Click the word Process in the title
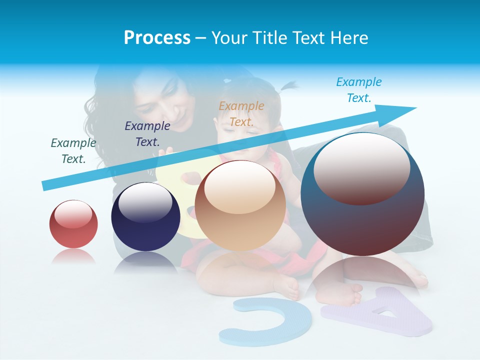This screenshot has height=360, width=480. pos(157,38)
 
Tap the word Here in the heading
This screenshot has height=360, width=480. pos(348,38)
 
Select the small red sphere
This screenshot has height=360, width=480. pos(73,224)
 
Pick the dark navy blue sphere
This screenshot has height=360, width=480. pos(145,217)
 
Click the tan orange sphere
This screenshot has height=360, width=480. pos(240,205)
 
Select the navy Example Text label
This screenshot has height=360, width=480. pos(147,134)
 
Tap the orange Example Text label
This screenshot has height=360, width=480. pos(241,114)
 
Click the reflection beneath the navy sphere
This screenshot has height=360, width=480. pos(145,262)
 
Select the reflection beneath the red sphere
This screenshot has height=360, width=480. pos(73,256)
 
